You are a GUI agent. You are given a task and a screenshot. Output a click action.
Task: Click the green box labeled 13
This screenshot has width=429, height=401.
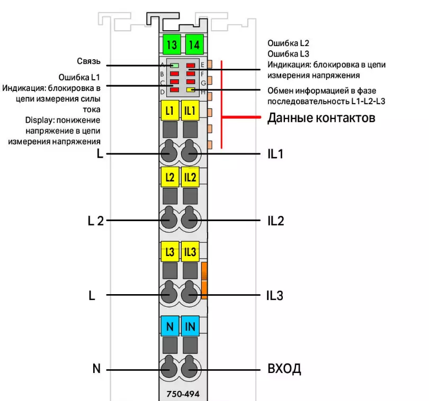click(x=172, y=44)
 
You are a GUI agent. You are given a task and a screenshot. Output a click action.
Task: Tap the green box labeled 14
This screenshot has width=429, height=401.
click(x=194, y=44)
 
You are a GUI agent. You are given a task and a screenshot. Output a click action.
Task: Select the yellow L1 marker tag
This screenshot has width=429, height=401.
click(x=169, y=111)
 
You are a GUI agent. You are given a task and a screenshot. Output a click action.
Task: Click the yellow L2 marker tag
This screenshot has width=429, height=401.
click(x=169, y=177)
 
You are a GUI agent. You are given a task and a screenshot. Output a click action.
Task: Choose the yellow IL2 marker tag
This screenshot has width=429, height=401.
click(x=190, y=177)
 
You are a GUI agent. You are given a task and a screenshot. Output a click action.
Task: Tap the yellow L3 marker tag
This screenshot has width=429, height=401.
click(x=169, y=252)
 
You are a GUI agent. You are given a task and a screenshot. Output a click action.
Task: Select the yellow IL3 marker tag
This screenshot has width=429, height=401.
click(x=190, y=252)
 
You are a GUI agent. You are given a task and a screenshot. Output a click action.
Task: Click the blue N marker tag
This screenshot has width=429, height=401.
click(x=169, y=326)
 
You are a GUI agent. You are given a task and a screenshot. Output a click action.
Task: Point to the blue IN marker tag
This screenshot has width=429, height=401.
click(x=190, y=326)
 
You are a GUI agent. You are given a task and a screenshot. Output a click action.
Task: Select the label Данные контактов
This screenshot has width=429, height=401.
click(x=321, y=117)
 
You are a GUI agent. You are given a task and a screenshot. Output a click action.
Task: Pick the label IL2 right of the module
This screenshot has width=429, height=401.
click(x=276, y=221)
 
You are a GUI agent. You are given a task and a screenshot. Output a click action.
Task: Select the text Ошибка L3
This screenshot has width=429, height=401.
click(x=289, y=53)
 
